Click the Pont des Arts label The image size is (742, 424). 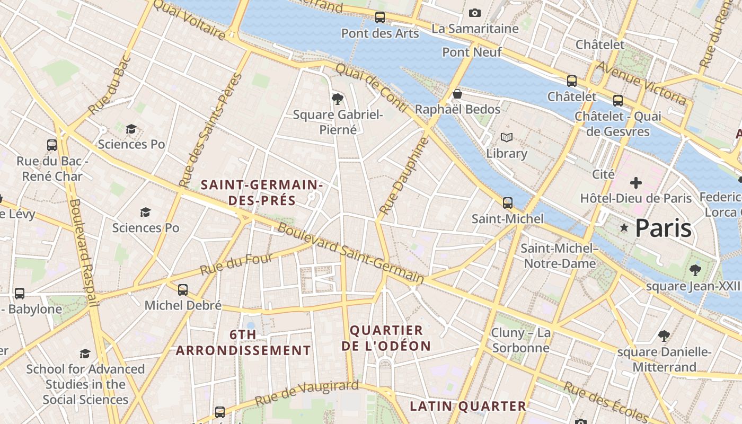(x=380, y=33)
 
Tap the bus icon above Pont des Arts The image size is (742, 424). (x=380, y=17)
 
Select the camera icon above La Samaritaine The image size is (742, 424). (x=475, y=13)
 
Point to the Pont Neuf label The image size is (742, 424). (x=472, y=52)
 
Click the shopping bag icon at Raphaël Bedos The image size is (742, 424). (x=457, y=94)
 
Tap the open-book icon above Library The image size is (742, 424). (x=507, y=138)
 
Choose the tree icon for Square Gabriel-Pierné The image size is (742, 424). (x=337, y=99)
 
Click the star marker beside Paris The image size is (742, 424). (x=624, y=228)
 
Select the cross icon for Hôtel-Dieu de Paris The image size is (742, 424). (x=636, y=183)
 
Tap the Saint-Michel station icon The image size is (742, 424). (x=508, y=203)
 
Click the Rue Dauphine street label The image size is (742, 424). (x=403, y=176)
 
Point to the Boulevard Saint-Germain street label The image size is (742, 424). (x=350, y=253)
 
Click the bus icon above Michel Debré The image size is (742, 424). (x=183, y=290)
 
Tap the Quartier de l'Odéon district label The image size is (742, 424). (x=386, y=338)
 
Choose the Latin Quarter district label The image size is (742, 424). (x=468, y=407)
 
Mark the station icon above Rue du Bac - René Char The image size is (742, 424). (x=52, y=145)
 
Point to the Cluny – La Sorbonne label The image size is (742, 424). (x=520, y=340)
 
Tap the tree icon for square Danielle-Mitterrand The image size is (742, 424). (x=664, y=336)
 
